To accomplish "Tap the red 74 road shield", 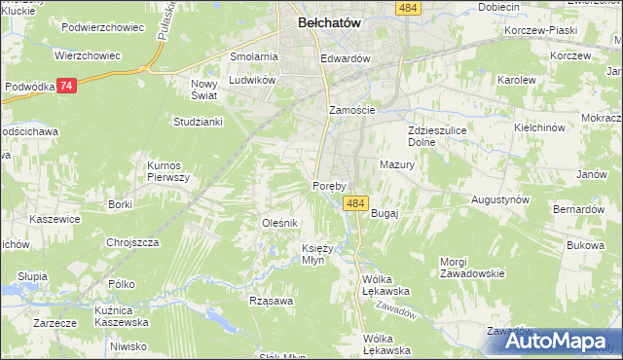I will pyautogui.click(x=65, y=86).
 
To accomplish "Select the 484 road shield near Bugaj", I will pyautogui.click(x=355, y=203).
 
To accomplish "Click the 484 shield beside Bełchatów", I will pyautogui.click(x=409, y=8).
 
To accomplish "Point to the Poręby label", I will pyautogui.click(x=331, y=185).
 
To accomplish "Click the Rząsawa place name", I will pyautogui.click(x=271, y=301).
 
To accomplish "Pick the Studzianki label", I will pyautogui.click(x=199, y=122).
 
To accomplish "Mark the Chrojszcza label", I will pyautogui.click(x=132, y=242).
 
